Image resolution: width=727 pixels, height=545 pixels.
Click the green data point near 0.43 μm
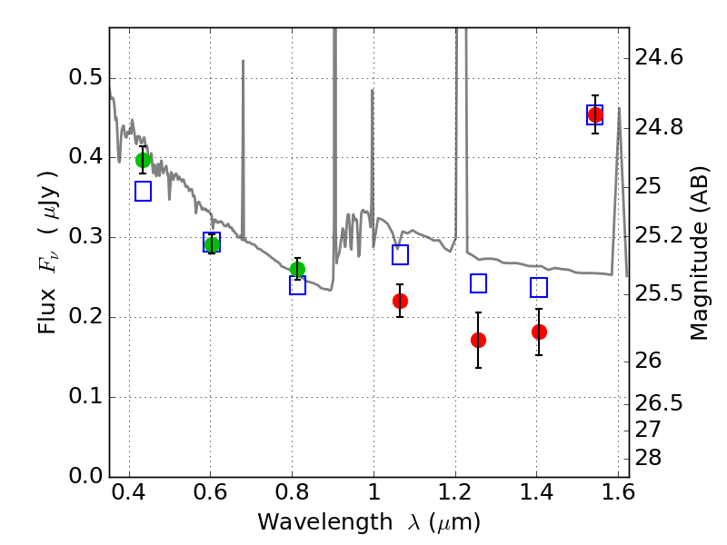(x=143, y=160)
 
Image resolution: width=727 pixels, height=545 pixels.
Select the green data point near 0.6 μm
(x=212, y=244)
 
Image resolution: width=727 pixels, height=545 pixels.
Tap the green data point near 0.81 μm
(x=297, y=269)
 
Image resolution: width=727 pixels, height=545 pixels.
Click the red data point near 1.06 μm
(x=400, y=301)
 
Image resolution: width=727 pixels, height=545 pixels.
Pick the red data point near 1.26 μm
(x=478, y=340)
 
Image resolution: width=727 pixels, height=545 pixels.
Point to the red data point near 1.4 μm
(x=539, y=332)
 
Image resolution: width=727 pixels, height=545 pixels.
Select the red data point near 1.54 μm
(x=595, y=114)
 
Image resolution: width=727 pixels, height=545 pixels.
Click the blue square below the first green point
(x=143, y=191)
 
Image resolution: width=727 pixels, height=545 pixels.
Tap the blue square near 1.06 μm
(x=400, y=254)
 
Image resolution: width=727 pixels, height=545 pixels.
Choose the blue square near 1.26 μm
(x=479, y=283)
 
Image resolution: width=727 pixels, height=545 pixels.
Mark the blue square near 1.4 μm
(x=539, y=288)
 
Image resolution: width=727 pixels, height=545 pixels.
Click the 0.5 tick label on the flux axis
(x=85, y=78)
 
